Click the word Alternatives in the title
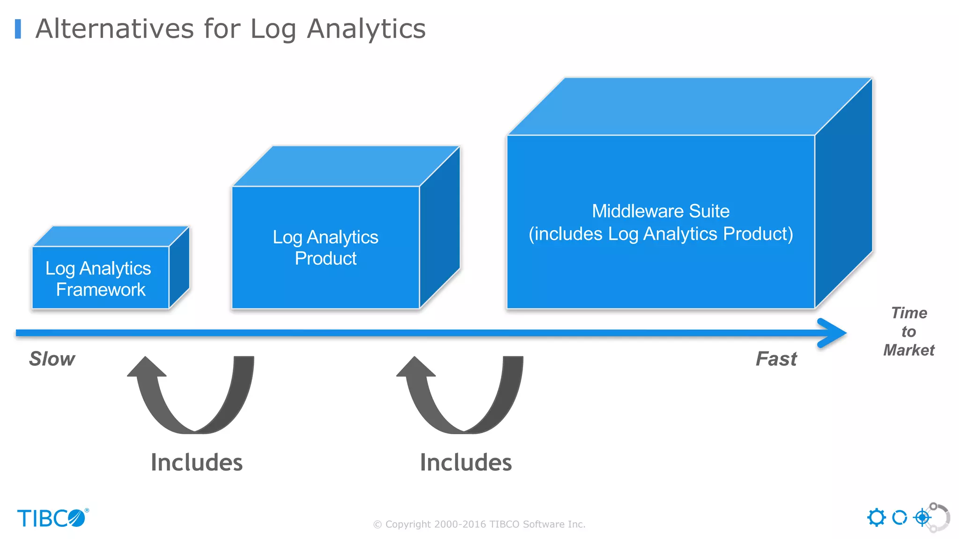coord(114,29)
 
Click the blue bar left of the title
coord(18,29)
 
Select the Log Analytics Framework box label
coord(99,279)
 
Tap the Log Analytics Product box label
coord(325,248)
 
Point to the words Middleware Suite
coord(660,211)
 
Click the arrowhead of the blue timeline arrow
coord(834,333)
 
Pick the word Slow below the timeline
coord(52,359)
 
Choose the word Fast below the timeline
coord(776,359)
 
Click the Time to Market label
coord(908,331)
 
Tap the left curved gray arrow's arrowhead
coord(146,367)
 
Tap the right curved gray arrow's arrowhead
coord(415,367)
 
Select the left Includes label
coord(197,462)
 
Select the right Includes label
coord(466,462)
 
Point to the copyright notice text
coord(479,524)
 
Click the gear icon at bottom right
coord(876,517)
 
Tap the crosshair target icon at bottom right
coord(922,517)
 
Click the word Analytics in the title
coord(366,29)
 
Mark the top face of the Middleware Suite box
coord(689,107)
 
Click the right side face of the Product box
coord(439,227)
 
